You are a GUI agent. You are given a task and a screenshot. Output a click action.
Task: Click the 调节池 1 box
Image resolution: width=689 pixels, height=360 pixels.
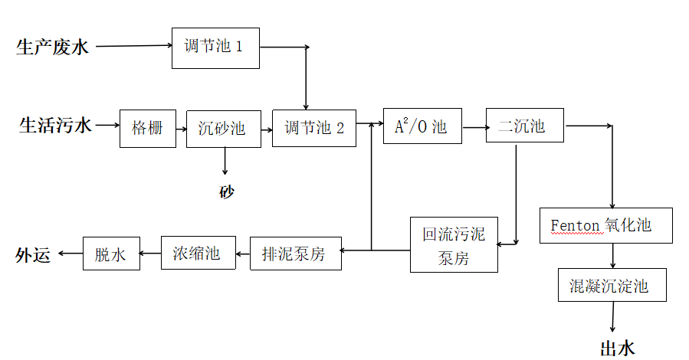[x=215, y=47]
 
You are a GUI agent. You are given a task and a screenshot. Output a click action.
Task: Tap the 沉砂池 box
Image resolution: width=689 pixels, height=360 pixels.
[x=222, y=128]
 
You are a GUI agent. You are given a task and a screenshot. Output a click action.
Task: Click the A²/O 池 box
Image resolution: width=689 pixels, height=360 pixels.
[x=422, y=126]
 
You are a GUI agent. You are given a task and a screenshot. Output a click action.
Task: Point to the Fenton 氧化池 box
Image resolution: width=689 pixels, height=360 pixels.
[x=606, y=225]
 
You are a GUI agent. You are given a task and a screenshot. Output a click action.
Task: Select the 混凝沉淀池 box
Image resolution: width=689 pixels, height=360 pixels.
[x=610, y=287]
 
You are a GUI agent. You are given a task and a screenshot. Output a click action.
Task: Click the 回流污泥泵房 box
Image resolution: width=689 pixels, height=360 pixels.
[x=454, y=245]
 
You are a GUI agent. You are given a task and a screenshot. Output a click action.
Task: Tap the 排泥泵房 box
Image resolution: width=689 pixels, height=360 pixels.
[x=294, y=254]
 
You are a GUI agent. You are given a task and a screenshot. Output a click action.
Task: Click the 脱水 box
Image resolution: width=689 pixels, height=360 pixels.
[x=111, y=254]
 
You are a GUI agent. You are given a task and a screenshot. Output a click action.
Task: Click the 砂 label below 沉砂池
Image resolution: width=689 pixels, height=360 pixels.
[x=227, y=191]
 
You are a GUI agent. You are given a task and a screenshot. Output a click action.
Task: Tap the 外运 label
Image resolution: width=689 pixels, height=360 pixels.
[x=32, y=255]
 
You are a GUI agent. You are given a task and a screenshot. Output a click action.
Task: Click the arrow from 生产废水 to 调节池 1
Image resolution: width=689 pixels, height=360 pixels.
[x=133, y=46]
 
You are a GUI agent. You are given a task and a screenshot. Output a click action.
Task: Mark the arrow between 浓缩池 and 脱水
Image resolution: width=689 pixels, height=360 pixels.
[x=151, y=254]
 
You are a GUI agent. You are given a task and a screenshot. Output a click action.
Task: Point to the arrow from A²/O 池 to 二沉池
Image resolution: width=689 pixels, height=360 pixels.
[x=474, y=127]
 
